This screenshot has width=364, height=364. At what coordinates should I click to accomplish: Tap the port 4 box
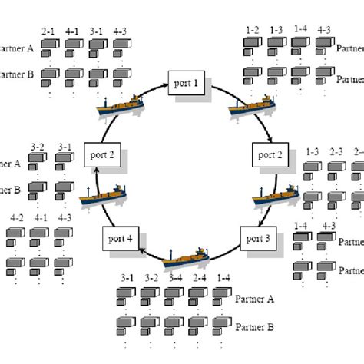tap(119, 239)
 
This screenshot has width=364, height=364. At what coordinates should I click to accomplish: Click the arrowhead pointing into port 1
tap(164, 84)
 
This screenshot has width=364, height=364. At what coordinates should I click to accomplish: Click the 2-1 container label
tap(48, 32)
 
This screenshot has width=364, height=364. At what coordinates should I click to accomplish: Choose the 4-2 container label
tap(18, 217)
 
